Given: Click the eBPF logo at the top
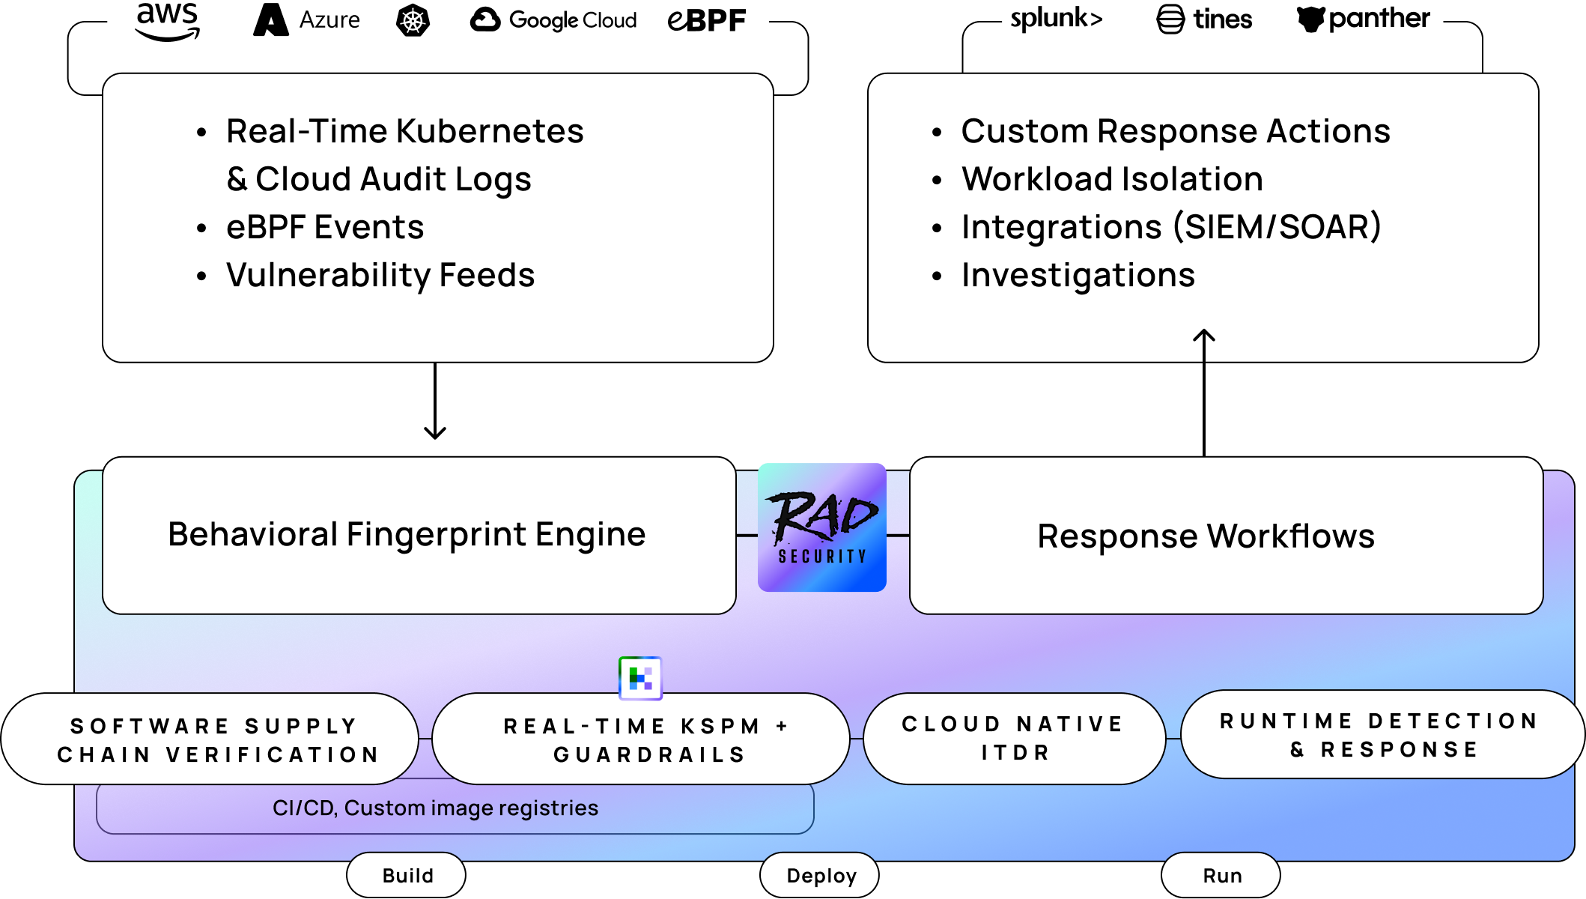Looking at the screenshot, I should click(706, 20).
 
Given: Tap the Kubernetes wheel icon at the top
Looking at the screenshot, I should click(413, 21).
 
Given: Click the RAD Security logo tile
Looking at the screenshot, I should click(821, 527).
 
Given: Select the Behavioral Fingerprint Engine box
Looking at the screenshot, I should click(419, 536).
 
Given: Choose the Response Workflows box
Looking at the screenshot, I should click(1226, 536).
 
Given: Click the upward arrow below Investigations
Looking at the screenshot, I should click(1203, 345).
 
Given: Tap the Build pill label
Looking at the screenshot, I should click(407, 875).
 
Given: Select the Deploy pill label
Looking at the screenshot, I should click(820, 875).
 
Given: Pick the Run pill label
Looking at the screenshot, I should click(1221, 875).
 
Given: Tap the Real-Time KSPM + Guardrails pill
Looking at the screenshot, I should click(641, 739).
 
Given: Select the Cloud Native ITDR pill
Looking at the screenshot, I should click(1014, 738).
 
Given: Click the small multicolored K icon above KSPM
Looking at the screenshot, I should click(640, 678).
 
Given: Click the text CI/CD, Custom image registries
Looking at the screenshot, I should click(435, 808).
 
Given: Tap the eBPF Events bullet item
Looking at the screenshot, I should click(324, 227).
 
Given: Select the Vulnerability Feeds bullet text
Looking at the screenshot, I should click(380, 275).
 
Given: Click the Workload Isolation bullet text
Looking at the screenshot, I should click(1112, 179).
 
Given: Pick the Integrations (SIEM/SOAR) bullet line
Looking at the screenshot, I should click(1170, 227).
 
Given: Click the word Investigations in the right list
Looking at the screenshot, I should click(1078, 275).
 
